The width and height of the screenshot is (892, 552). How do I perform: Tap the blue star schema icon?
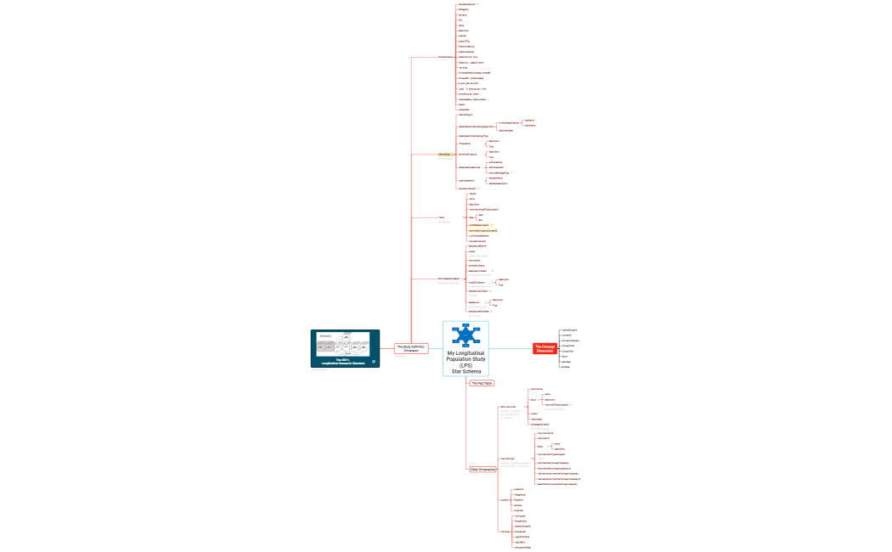pyautogui.click(x=466, y=335)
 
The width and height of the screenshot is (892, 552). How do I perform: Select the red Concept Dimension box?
pyautogui.click(x=544, y=348)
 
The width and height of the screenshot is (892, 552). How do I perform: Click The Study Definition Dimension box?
pyautogui.click(x=411, y=348)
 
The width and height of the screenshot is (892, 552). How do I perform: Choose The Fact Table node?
pyautogui.click(x=482, y=383)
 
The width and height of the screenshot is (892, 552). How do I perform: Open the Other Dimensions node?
pyautogui.click(x=483, y=469)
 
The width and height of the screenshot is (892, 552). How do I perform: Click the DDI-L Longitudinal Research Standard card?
pyautogui.click(x=345, y=348)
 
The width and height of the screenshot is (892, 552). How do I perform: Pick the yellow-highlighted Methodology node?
pyautogui.click(x=443, y=155)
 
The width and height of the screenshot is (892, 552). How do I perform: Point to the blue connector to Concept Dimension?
pyautogui.click(x=510, y=348)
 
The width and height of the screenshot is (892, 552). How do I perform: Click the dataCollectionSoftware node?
pyautogui.click(x=470, y=168)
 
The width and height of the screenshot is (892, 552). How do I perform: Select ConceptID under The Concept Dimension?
pyautogui.click(x=568, y=335)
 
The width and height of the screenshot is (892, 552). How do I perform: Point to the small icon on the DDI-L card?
pyautogui.click(x=373, y=362)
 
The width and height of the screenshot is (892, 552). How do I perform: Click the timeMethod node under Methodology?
pyautogui.click(x=466, y=144)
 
